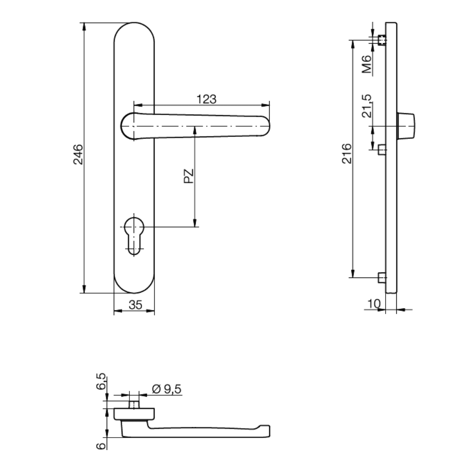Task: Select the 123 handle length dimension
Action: click(x=206, y=98)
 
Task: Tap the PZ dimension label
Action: click(x=188, y=176)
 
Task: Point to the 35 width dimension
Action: click(x=135, y=305)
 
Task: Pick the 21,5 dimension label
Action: click(x=367, y=106)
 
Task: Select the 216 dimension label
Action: click(x=346, y=154)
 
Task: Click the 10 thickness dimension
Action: click(x=374, y=303)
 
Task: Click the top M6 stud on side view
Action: click(x=381, y=40)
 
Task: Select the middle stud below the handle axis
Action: click(x=381, y=149)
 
